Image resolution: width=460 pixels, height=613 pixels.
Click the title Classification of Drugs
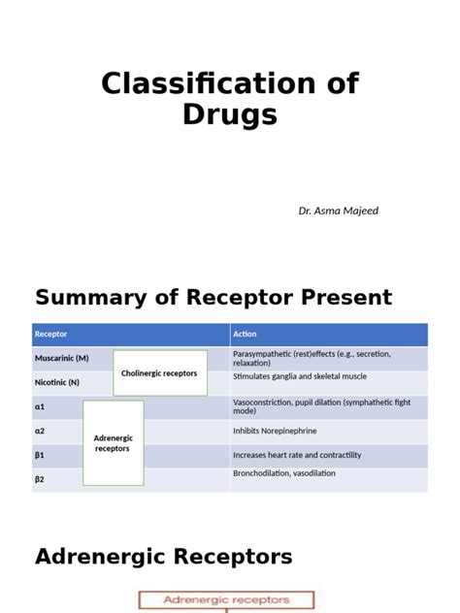230,98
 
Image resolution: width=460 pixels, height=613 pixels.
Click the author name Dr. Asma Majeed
338,210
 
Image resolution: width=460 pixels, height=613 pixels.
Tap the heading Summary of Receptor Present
214,298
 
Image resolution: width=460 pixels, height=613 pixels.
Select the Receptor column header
51,335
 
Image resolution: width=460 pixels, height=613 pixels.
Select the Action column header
245,335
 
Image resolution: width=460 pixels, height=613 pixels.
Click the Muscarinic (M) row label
61,358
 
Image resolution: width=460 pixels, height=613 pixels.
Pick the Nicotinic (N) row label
57,382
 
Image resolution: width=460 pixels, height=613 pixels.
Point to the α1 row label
41,407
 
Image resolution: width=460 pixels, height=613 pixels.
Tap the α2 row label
41,431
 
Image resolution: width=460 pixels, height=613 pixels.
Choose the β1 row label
41,454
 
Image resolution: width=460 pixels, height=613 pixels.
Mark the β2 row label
41,478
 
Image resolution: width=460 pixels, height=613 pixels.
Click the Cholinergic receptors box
159,373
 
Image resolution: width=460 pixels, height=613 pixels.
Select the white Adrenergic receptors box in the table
113,443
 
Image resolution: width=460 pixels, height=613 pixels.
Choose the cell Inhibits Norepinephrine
275,431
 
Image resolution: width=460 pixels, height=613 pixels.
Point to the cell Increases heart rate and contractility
297,455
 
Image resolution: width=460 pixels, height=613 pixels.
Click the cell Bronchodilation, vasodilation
284,473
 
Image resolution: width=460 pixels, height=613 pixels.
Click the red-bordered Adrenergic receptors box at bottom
226,600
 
